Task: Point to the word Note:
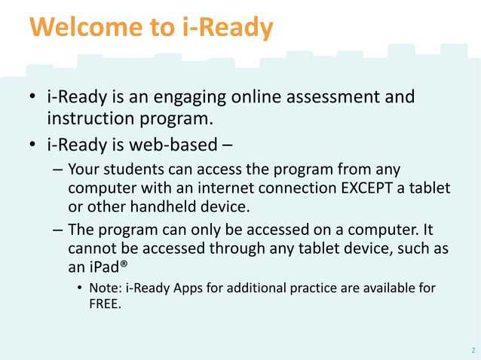(106, 288)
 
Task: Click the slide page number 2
(472, 350)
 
